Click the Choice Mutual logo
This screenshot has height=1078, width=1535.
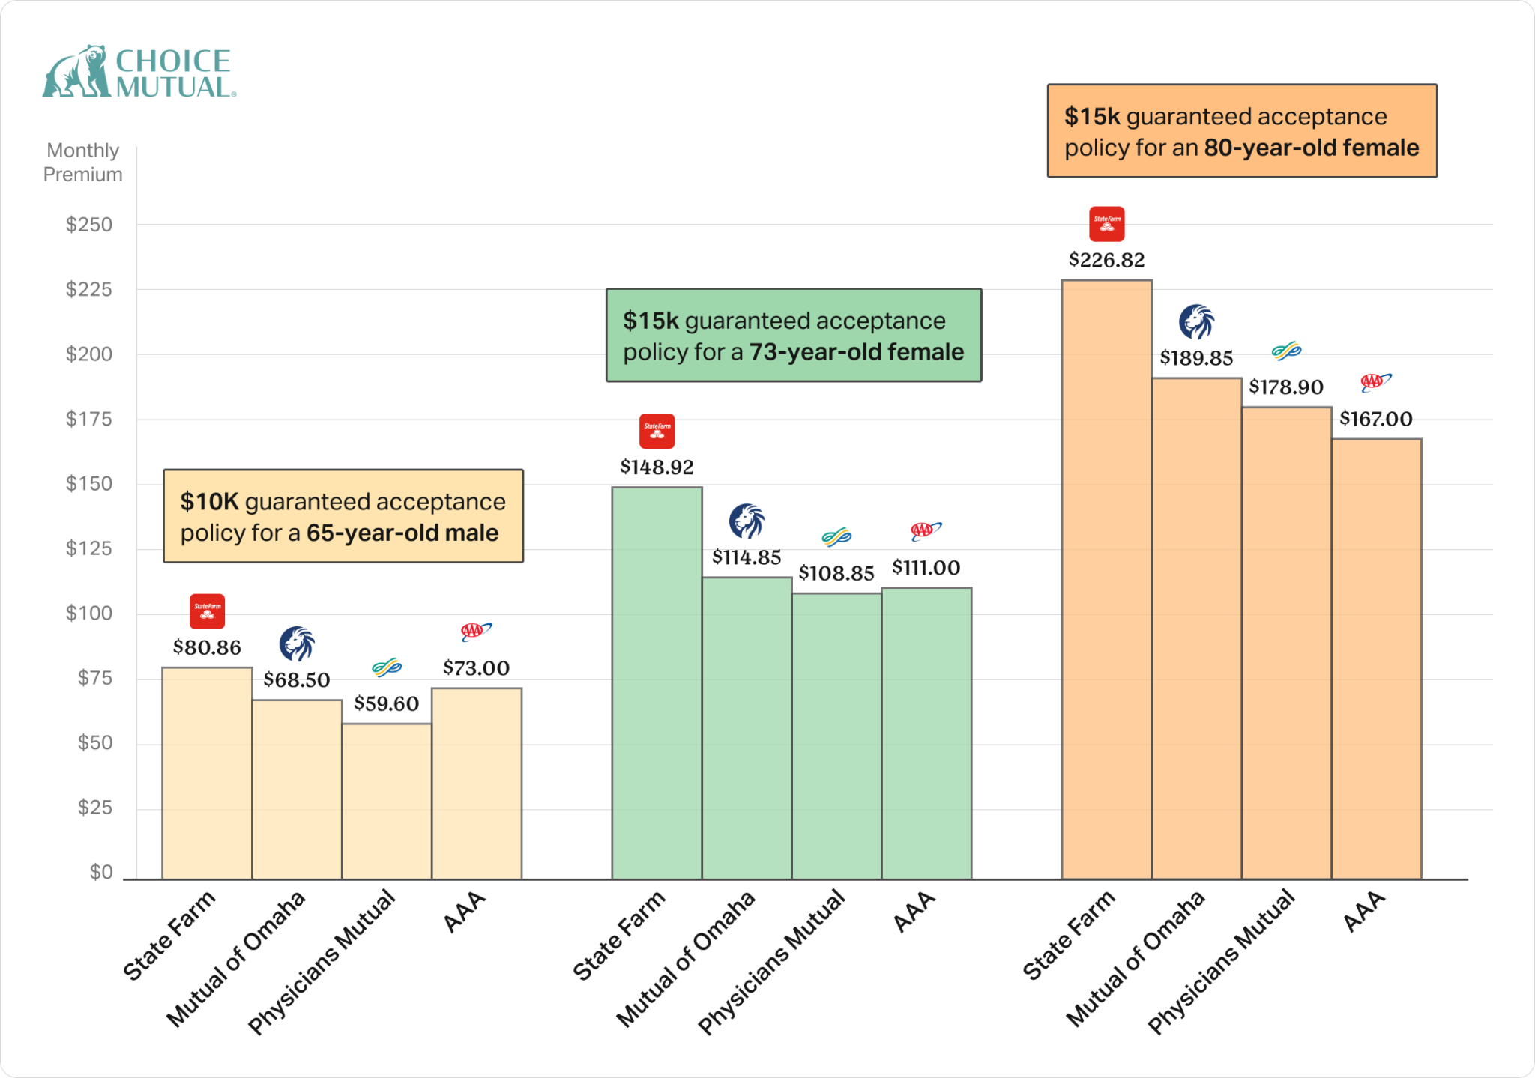tap(139, 72)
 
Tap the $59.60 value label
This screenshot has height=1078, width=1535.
tap(386, 703)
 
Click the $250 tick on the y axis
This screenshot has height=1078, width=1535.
tap(89, 225)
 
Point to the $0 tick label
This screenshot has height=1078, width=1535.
tap(101, 872)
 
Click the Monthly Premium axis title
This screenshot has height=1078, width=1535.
tap(82, 163)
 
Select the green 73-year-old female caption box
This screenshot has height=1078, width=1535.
tap(793, 336)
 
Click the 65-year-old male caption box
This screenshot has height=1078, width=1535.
tap(343, 517)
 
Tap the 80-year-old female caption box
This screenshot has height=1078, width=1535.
tap(1241, 131)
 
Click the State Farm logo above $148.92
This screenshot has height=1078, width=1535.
tap(657, 431)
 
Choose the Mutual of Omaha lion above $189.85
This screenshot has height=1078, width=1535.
tap(1196, 322)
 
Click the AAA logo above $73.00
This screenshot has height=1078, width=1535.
tap(476, 632)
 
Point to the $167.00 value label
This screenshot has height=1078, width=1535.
tap(1375, 419)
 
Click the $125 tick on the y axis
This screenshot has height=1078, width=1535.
tap(89, 548)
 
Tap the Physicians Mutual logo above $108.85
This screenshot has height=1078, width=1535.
tap(836, 536)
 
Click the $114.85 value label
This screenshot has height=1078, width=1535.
tap(747, 557)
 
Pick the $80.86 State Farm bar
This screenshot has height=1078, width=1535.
tap(207, 773)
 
